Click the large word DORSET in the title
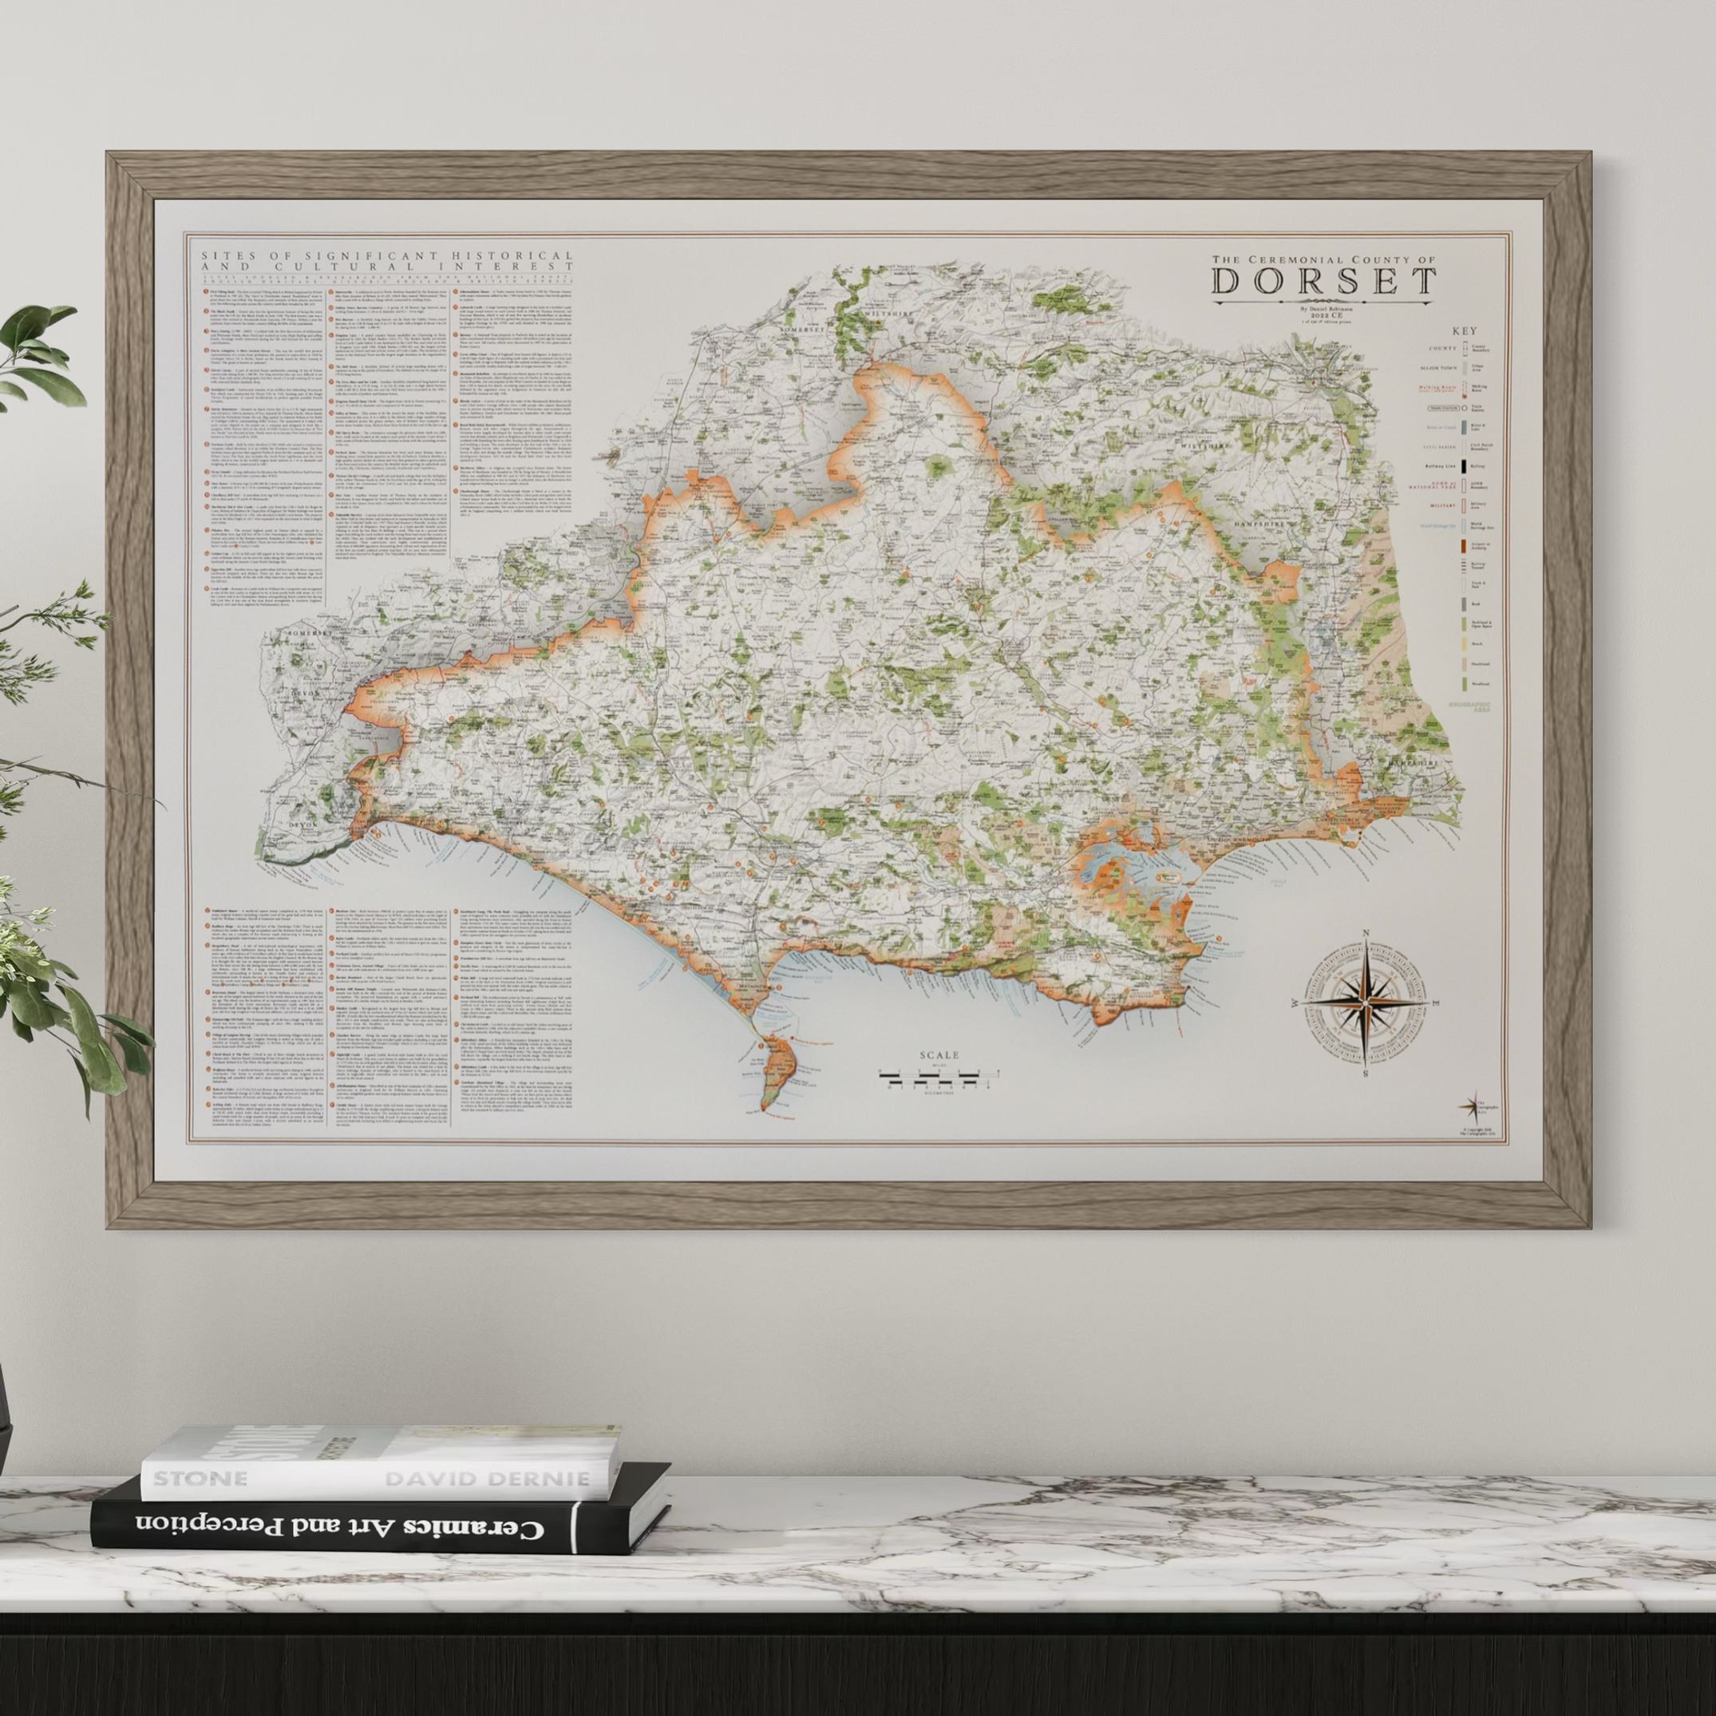tap(1323, 280)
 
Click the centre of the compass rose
tap(1363, 1001)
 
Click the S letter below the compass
tap(1363, 1073)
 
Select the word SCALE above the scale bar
tap(939, 1055)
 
